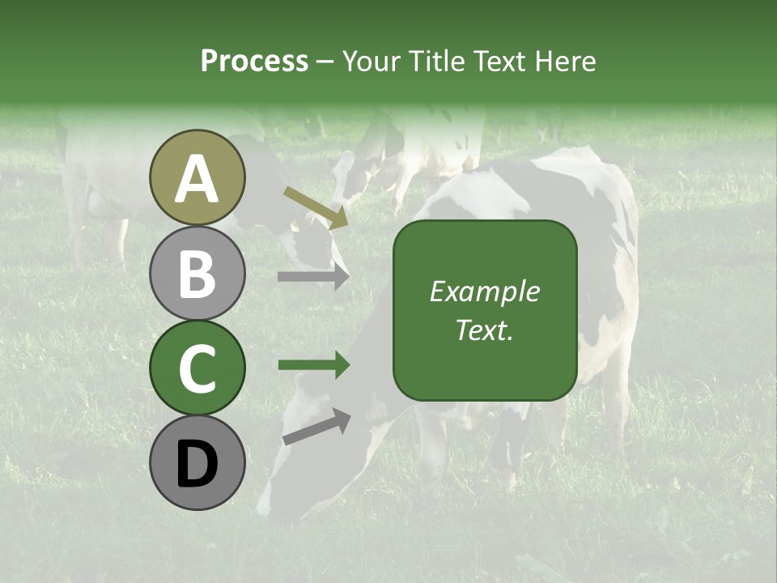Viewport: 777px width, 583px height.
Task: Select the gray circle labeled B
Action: [197, 273]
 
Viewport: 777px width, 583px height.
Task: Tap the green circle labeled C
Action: [197, 368]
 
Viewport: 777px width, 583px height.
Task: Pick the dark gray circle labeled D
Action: [197, 463]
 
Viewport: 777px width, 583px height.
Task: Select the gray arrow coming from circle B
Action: [312, 277]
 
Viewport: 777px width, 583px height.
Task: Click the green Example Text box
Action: [485, 310]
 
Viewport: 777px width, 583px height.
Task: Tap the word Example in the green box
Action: [485, 291]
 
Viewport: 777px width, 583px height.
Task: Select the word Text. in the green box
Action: [485, 330]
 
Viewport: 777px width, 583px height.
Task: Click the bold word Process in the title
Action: [254, 62]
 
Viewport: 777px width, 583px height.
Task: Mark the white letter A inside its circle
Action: [197, 179]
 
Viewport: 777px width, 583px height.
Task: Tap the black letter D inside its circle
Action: [197, 465]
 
